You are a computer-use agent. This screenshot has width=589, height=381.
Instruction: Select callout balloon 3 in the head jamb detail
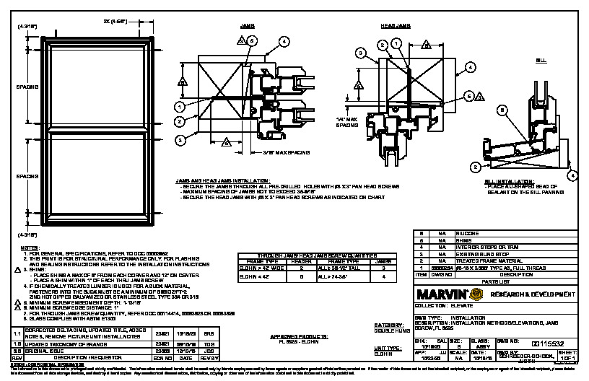[359, 52]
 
